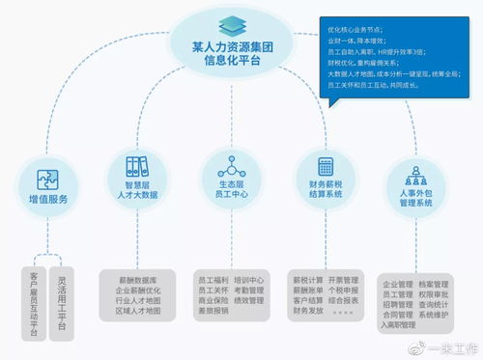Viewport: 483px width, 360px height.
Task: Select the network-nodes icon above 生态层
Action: pos(228,165)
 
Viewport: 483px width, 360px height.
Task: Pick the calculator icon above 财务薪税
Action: pos(325,165)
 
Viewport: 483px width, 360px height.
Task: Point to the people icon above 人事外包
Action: pos(417,175)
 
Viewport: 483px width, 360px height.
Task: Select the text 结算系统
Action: pos(325,193)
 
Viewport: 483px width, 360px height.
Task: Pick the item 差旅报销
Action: pos(213,311)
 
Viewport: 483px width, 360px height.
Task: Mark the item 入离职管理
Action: pos(404,325)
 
